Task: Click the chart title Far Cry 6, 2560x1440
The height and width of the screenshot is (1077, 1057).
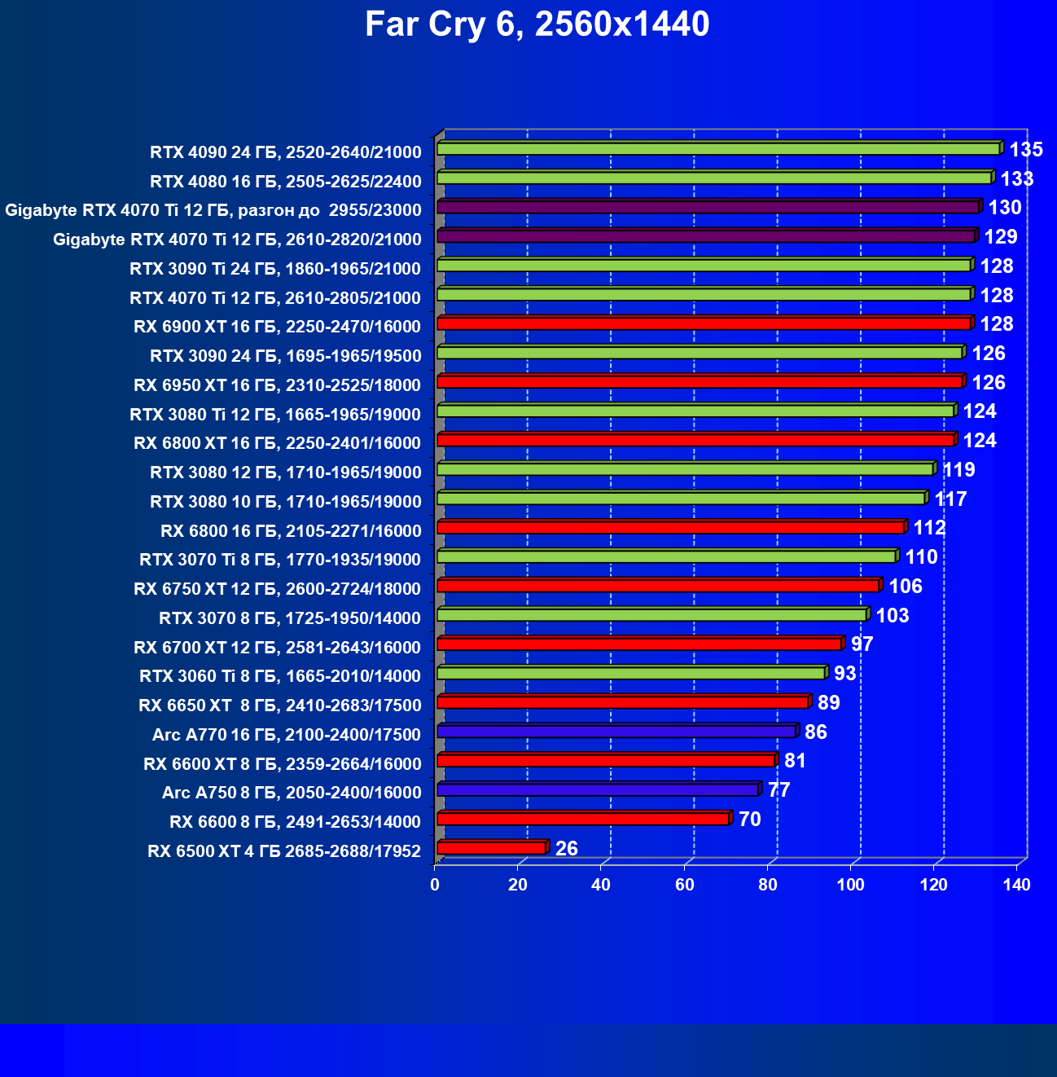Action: pos(537,24)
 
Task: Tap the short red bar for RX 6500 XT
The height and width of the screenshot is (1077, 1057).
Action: pos(491,848)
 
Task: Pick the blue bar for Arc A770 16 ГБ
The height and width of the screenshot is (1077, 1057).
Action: pos(616,732)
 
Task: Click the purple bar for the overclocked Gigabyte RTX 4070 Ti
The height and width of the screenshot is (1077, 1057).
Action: pos(708,207)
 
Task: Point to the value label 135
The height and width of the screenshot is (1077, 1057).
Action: pos(1026,150)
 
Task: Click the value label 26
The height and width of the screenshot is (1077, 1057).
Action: pos(566,849)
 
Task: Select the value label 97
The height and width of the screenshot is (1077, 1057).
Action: pos(862,644)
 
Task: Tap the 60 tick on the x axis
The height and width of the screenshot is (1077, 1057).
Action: pos(684,886)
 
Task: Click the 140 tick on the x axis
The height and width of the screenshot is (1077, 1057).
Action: pos(1016,886)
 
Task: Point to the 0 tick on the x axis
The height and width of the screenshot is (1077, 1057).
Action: pos(435,886)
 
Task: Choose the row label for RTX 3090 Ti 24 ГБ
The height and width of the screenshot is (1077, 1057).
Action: pos(275,269)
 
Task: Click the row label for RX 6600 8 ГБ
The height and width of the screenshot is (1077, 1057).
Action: pos(295,822)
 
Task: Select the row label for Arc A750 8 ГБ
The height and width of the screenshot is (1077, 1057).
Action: pos(292,793)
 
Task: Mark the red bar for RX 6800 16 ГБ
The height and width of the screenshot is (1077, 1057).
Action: pos(670,528)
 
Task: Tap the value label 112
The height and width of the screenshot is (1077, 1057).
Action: pos(929,528)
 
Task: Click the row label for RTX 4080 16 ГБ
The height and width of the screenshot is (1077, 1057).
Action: pos(286,182)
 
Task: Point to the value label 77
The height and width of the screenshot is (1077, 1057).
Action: pos(778,790)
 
